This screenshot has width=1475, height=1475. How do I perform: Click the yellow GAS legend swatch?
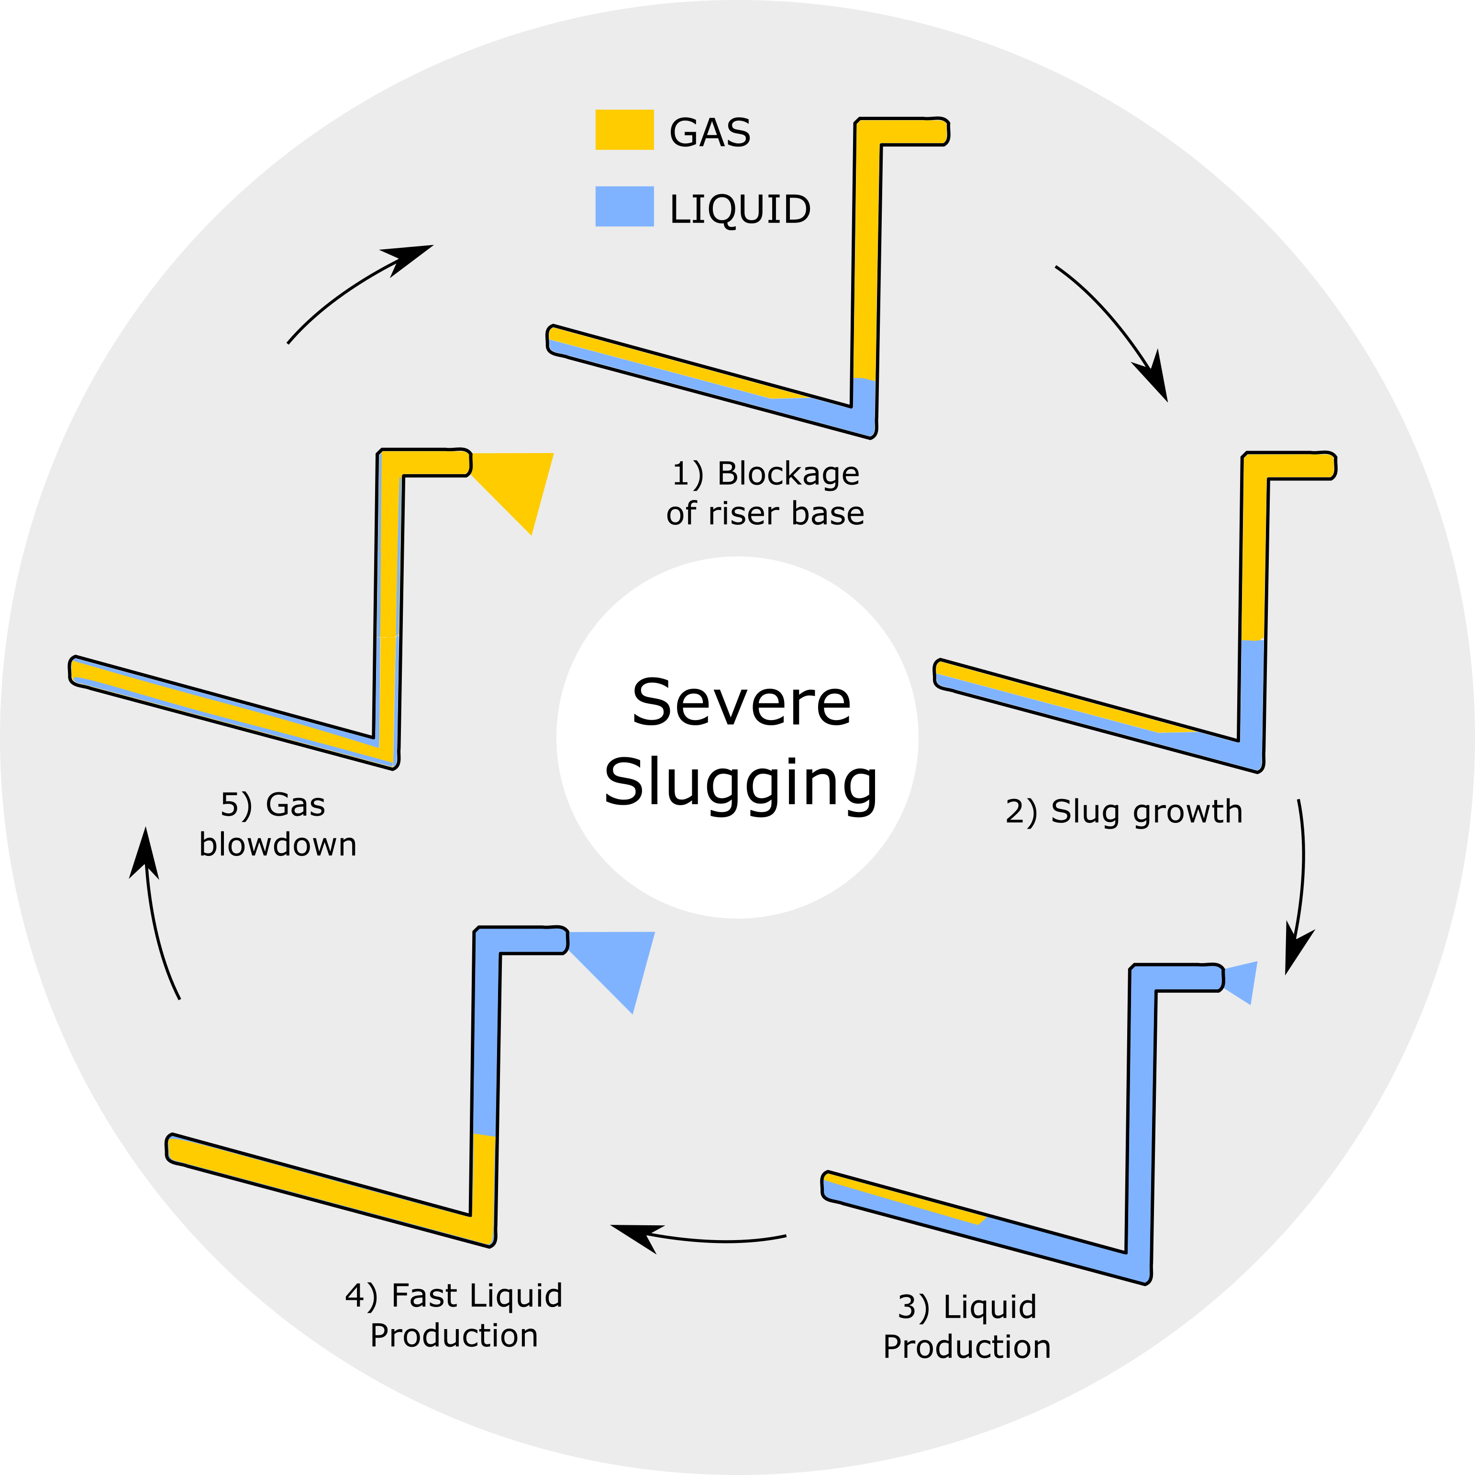tap(624, 130)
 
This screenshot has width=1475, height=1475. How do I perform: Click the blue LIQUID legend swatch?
tap(624, 206)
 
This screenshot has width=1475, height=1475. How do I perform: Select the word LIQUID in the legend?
tap(739, 209)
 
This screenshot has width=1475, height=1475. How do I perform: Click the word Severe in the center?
tap(741, 702)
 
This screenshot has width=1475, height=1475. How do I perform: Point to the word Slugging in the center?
tap(741, 783)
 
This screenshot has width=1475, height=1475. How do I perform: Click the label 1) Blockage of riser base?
tap(765, 493)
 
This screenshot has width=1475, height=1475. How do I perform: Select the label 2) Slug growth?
tap(1124, 811)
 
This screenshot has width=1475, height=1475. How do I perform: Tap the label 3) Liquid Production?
tap(966, 1327)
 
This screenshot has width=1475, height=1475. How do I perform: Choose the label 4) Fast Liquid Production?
tap(454, 1315)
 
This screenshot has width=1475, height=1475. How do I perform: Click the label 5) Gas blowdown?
tap(277, 824)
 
